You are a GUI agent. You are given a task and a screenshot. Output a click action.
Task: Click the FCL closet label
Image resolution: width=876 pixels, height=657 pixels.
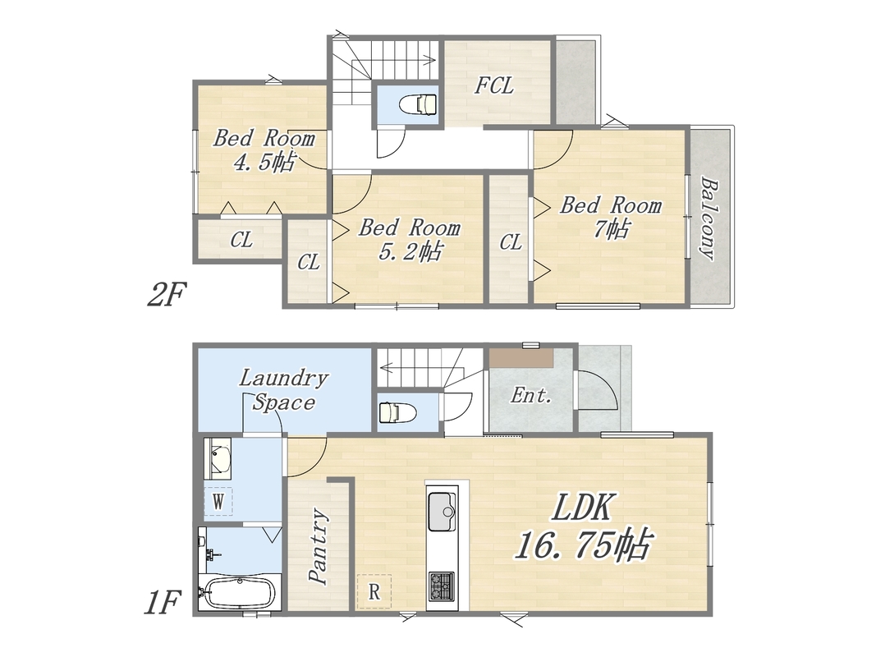[x=494, y=85]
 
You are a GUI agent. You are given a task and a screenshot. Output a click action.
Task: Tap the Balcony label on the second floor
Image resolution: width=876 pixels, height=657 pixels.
[x=708, y=218]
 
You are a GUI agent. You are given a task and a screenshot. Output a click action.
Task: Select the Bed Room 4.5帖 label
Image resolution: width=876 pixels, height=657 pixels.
[x=264, y=149]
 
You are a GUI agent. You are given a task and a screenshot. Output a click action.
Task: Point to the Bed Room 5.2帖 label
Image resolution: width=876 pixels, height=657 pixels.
[x=410, y=239]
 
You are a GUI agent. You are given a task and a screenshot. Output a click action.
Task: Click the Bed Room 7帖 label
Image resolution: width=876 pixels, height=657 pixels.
[x=611, y=217]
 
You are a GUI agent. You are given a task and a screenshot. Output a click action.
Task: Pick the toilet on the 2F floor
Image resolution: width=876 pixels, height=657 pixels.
[x=418, y=104]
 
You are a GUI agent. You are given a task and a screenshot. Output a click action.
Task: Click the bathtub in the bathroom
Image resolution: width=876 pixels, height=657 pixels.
[x=238, y=593]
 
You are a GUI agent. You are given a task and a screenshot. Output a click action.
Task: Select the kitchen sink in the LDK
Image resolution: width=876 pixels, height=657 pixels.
[x=443, y=511]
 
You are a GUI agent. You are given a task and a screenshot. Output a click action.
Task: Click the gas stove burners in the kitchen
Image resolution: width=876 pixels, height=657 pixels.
[x=442, y=586]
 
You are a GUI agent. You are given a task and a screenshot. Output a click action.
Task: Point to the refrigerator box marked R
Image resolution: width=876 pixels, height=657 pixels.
[x=374, y=591]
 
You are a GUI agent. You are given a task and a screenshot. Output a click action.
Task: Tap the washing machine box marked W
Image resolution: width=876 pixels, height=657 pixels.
[x=218, y=501]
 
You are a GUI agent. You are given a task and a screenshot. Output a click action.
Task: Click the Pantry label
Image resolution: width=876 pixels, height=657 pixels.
[x=319, y=546]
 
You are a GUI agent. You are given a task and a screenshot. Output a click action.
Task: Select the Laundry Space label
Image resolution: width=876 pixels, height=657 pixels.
[x=284, y=390]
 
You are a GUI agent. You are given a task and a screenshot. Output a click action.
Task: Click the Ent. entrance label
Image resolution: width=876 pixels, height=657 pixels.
[x=531, y=396]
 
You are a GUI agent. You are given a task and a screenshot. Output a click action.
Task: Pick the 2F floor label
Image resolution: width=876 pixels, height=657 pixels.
[x=166, y=295]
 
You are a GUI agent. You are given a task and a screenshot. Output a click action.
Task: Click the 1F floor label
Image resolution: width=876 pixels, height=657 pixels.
[x=163, y=604]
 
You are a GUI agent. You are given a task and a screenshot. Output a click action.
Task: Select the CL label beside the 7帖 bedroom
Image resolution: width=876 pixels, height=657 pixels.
[x=511, y=242]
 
